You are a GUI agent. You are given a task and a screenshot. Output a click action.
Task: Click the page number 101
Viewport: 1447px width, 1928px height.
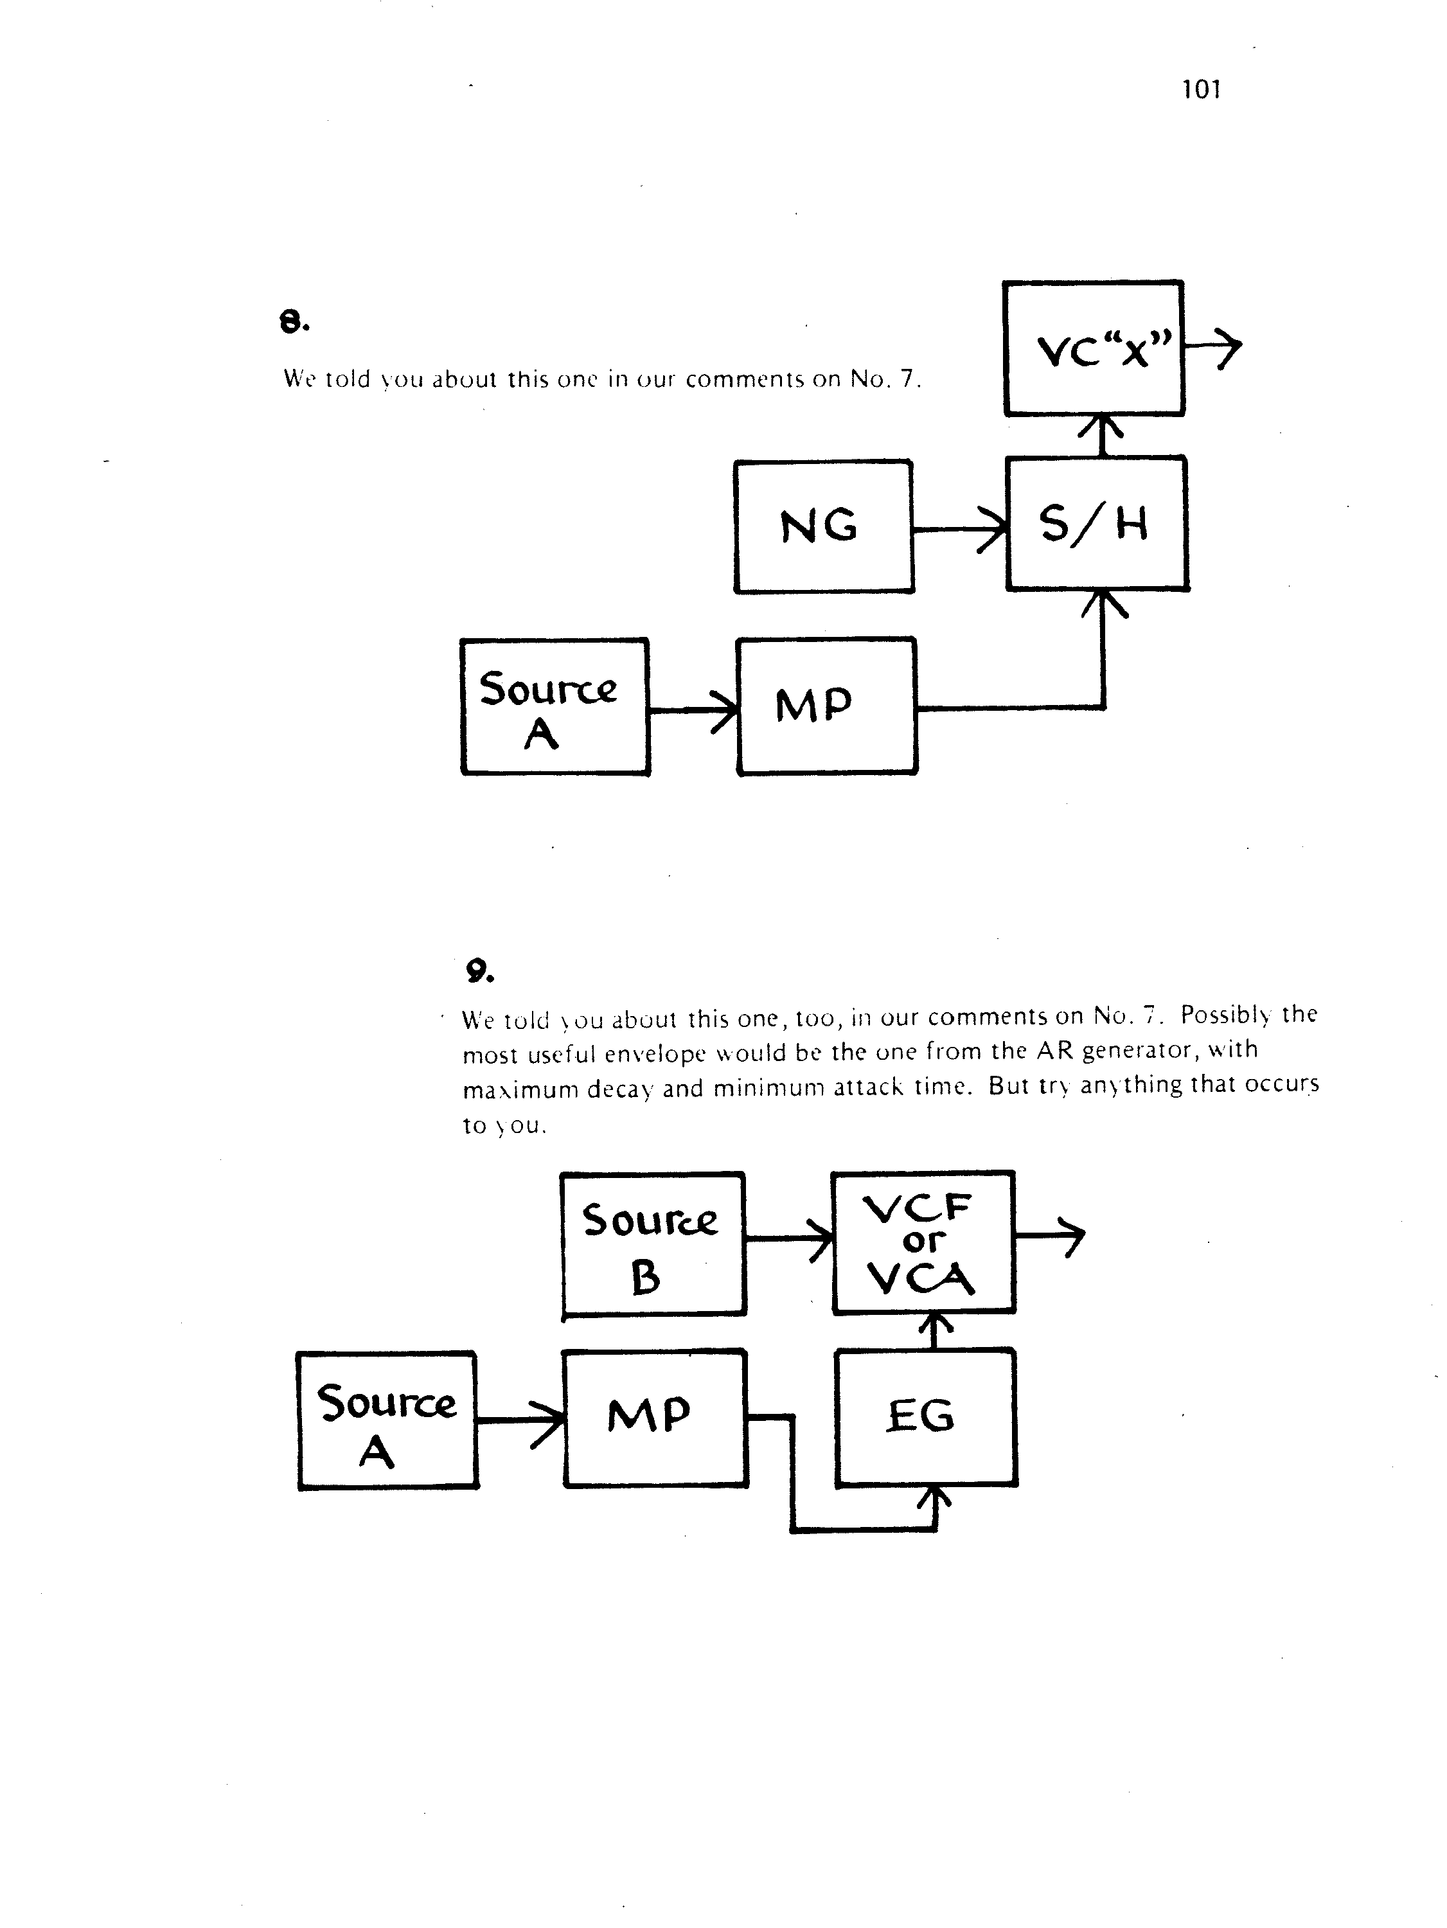tap(1200, 89)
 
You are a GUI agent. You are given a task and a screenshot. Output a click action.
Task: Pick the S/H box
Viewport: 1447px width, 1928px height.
tap(1097, 524)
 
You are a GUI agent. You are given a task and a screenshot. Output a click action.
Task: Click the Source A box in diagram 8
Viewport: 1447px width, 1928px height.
tap(555, 707)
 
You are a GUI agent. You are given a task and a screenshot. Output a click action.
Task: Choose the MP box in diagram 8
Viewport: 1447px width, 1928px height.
tap(826, 706)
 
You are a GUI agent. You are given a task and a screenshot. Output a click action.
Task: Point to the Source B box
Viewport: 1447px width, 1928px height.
tap(653, 1244)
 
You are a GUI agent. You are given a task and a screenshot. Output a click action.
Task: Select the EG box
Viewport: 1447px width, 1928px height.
tap(926, 1417)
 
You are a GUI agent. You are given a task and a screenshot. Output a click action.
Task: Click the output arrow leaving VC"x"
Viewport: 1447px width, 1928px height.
tap(1212, 348)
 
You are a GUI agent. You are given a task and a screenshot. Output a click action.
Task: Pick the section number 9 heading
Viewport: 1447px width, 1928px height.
tap(479, 971)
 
